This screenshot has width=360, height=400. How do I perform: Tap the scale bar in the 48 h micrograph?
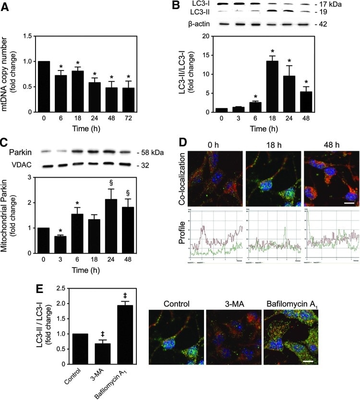[x=348, y=203]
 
